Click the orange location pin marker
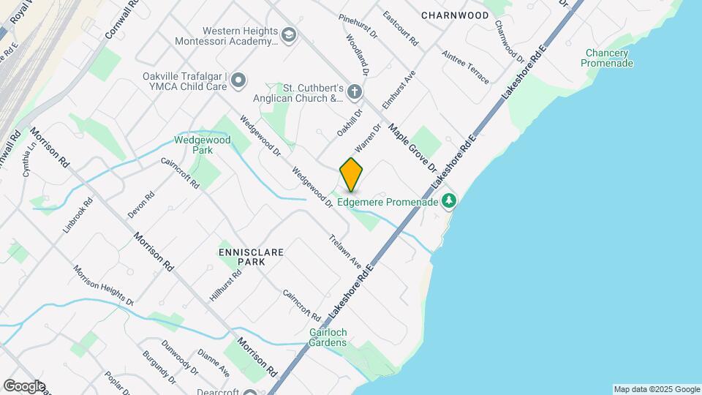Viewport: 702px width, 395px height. click(351, 175)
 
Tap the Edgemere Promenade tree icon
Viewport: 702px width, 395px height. click(450, 200)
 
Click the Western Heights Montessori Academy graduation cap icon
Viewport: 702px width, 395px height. click(289, 35)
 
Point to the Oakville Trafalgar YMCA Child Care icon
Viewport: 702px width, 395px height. click(238, 80)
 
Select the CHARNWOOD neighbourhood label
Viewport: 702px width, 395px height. click(455, 15)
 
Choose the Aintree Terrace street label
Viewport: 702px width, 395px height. click(465, 67)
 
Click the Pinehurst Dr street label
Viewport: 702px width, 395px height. click(358, 26)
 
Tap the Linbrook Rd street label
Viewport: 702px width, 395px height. click(78, 214)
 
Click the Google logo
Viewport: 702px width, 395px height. click(24, 385)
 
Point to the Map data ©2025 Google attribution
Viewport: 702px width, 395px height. click(656, 389)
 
